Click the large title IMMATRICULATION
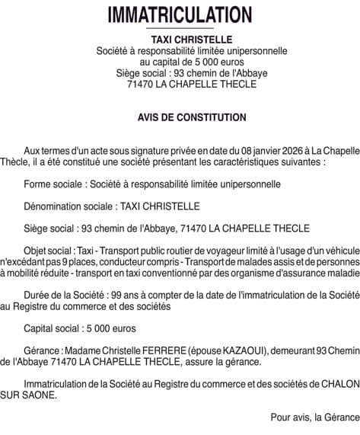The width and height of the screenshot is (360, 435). click(180, 14)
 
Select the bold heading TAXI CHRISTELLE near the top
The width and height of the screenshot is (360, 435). click(180, 39)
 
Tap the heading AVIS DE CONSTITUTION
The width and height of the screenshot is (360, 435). click(180, 117)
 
